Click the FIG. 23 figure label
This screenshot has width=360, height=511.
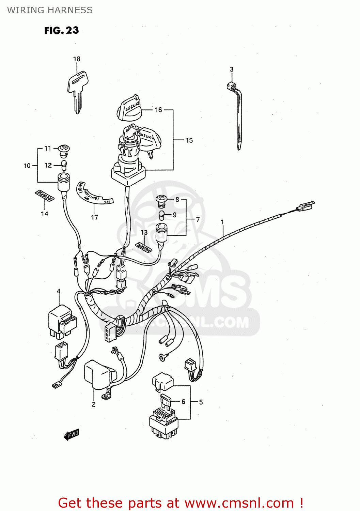62,31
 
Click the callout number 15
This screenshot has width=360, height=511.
189,140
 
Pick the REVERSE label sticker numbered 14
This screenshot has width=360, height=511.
44,196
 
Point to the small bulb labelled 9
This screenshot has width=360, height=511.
162,215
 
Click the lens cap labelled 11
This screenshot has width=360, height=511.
64,149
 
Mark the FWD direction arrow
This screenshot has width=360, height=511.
72,434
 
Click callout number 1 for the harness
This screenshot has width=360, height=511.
222,222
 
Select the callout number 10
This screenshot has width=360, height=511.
27,166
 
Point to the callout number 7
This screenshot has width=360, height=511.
198,220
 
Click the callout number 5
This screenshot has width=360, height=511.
201,402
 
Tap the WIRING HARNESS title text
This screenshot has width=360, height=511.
50,10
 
